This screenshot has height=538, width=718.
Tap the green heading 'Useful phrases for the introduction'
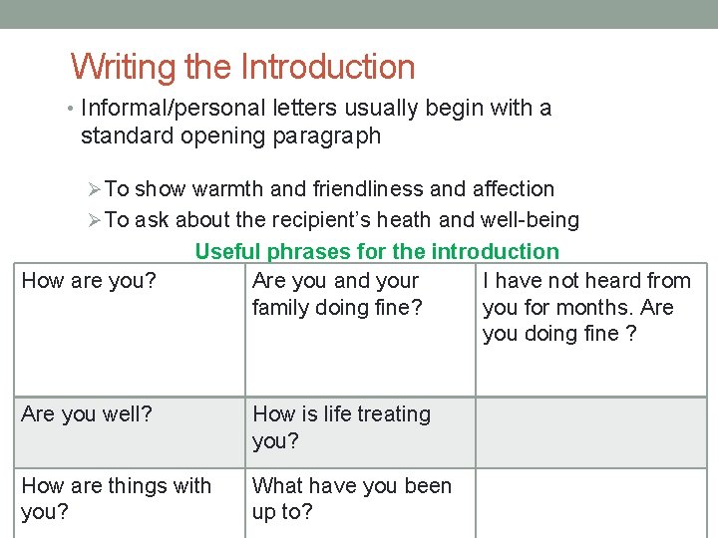coord(377,252)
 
